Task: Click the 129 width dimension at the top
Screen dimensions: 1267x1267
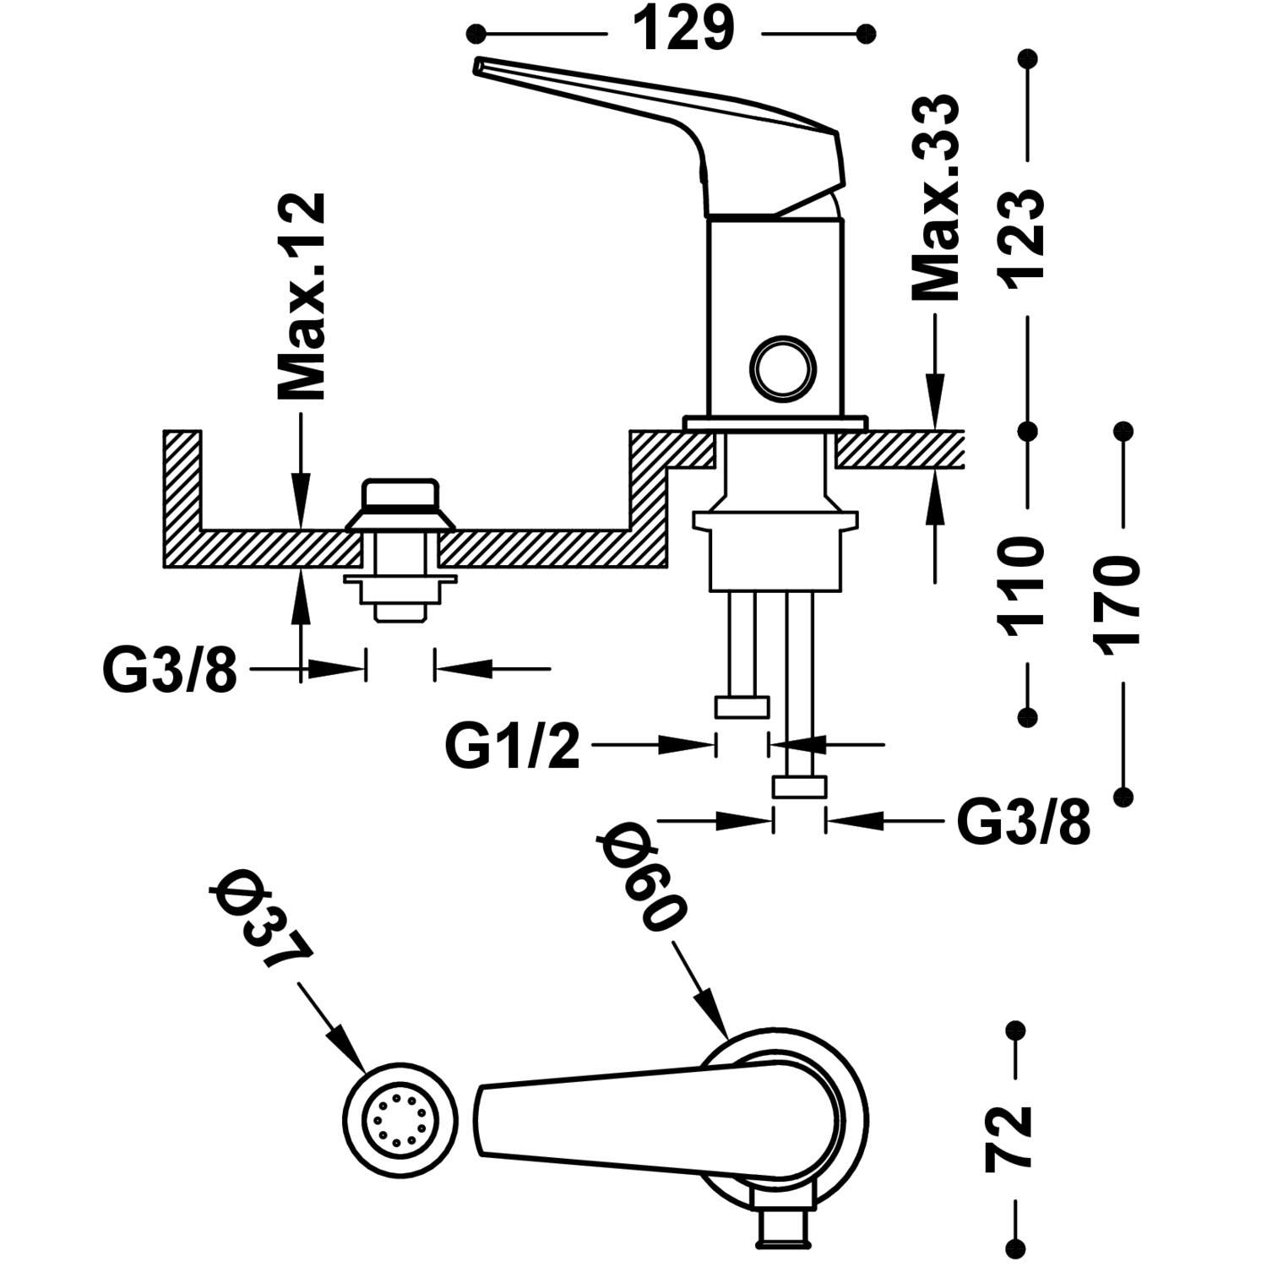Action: point(682,32)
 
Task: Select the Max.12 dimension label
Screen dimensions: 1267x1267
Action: point(301,296)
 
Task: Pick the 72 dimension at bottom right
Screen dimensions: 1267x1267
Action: point(1009,1136)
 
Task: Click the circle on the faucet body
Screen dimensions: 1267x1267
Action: point(784,367)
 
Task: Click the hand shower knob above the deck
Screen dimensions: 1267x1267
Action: point(400,498)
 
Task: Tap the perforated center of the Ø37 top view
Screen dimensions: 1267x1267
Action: point(399,1118)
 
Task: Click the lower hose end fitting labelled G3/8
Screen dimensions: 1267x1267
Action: point(799,787)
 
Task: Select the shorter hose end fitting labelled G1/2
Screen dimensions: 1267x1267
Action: point(742,707)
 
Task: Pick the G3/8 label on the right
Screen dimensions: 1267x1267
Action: point(1023,822)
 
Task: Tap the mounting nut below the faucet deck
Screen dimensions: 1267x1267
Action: point(775,549)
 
